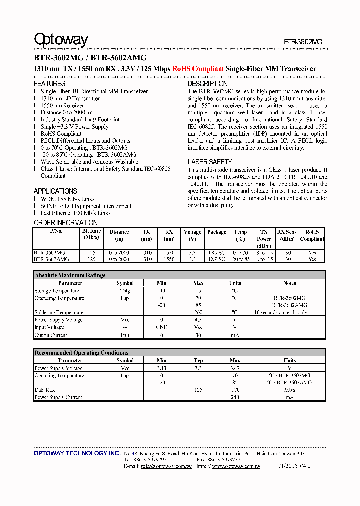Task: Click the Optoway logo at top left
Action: [x=61, y=40]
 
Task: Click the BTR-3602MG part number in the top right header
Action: [x=303, y=42]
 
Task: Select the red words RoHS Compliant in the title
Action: [x=198, y=69]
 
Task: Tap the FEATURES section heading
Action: [x=49, y=84]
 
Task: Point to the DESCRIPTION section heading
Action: [x=207, y=84]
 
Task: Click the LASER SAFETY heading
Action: [x=210, y=162]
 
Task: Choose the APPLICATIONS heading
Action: [x=55, y=191]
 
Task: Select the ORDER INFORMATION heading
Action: [x=65, y=223]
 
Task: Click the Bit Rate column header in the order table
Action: [x=91, y=234]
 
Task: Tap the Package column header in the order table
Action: [x=217, y=232]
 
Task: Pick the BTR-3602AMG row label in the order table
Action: [x=52, y=259]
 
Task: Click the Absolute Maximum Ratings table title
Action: [x=70, y=275]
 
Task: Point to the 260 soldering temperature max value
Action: [x=198, y=312]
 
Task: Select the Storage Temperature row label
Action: [x=57, y=291]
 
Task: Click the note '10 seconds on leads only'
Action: [x=280, y=312]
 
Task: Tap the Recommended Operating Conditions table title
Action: [x=81, y=353]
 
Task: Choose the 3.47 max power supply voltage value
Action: [x=235, y=368]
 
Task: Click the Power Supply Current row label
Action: [x=58, y=397]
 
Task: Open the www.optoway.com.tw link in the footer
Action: [x=236, y=466]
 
